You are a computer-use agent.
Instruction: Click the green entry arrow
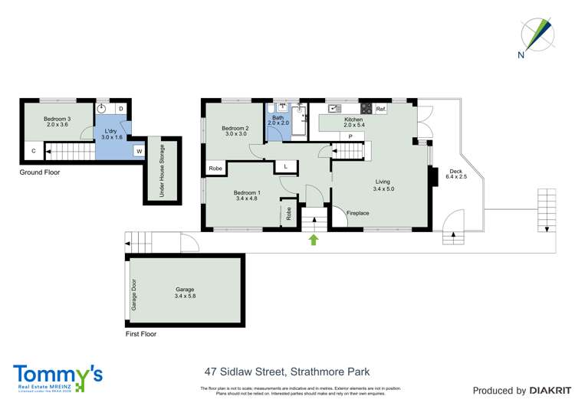313,240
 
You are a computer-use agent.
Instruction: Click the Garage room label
185,293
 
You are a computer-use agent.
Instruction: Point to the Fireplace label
358,213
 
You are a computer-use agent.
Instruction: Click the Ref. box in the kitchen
381,109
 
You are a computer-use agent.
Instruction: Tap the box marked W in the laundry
139,151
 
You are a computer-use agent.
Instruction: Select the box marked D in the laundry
121,109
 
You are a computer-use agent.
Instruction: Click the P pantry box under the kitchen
350,136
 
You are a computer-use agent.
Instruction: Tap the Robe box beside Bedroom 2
215,169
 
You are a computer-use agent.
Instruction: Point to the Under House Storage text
162,171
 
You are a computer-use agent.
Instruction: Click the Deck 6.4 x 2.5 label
458,173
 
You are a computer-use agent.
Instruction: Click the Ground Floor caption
40,173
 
